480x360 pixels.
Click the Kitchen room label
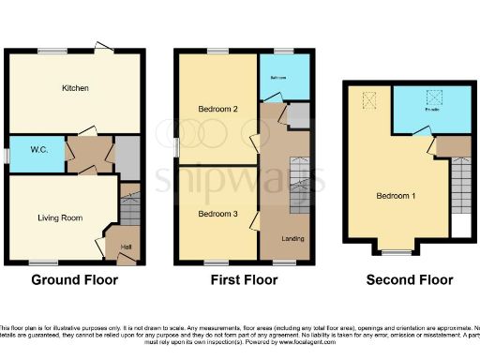(75, 88)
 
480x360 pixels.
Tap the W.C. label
(39, 149)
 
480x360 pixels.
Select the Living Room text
(60, 217)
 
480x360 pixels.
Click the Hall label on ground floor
(125, 247)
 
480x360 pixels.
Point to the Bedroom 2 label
(217, 110)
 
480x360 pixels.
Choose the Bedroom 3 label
(217, 214)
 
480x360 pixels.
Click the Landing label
(292, 238)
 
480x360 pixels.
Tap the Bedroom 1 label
(396, 196)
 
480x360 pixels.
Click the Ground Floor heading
(74, 279)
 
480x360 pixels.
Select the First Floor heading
(242, 279)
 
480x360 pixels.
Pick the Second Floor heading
(409, 279)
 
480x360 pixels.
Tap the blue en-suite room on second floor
(431, 111)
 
